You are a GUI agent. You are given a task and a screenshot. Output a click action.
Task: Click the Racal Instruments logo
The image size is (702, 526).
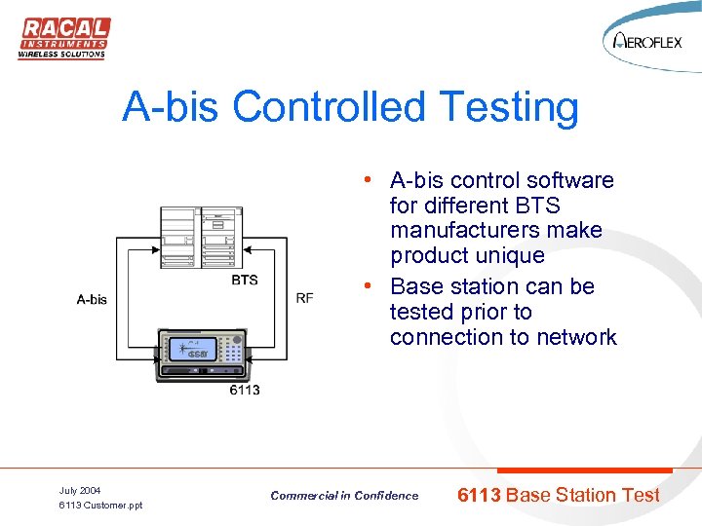[x=62, y=36]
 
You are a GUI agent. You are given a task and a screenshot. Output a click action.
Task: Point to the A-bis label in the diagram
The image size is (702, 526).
[x=92, y=299]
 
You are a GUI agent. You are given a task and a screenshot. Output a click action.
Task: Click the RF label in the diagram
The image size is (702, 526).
[x=305, y=298]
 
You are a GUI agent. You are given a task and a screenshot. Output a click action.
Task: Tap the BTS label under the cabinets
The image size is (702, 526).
[x=245, y=280]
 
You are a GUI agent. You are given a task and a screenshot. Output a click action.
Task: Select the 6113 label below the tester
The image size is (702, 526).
[x=245, y=390]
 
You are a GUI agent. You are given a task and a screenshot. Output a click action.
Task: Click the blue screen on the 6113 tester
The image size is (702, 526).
[x=183, y=349]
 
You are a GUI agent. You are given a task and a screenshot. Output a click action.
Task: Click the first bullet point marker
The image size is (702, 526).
[x=362, y=180]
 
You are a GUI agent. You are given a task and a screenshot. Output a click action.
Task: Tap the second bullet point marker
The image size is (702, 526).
[x=362, y=286]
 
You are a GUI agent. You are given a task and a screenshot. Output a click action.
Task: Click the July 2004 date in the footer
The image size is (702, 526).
[x=80, y=490]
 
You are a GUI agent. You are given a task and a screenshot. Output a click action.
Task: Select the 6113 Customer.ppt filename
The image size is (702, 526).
[x=100, y=506]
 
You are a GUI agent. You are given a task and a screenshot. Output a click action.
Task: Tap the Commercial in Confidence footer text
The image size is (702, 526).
[x=344, y=496]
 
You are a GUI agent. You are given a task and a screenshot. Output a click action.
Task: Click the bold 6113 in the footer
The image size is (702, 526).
[x=480, y=495]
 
